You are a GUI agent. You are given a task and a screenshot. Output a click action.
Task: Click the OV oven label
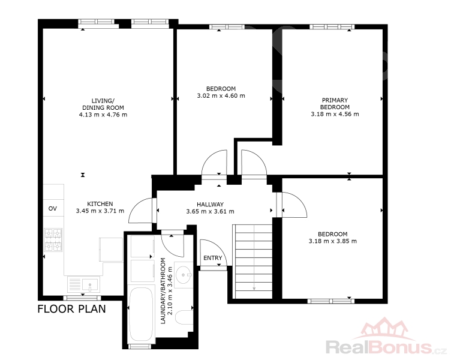pyautogui.click(x=52, y=209)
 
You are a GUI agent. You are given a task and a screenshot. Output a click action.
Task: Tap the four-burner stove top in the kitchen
pyautogui.click(x=53, y=240)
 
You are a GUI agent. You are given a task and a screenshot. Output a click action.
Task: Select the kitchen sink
pyautogui.click(x=84, y=284)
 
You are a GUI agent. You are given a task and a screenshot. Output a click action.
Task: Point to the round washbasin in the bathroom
pyautogui.click(x=184, y=273)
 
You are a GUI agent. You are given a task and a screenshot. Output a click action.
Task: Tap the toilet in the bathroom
pyautogui.click(x=184, y=318)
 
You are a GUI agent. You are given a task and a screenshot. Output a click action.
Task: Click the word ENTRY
pyautogui.click(x=213, y=258)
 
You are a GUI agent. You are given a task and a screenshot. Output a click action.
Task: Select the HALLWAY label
pyautogui.click(x=210, y=205)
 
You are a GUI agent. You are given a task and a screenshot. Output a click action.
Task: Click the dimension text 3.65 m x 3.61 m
pyautogui.click(x=210, y=211)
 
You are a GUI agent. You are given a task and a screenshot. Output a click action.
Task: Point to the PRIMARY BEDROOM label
pyautogui.click(x=335, y=103)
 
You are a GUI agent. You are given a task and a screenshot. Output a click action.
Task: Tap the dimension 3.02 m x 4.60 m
pyautogui.click(x=221, y=95)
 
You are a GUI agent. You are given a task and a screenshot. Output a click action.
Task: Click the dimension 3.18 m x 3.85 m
pyautogui.click(x=333, y=241)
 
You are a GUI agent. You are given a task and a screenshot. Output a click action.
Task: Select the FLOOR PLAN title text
pyautogui.click(x=72, y=309)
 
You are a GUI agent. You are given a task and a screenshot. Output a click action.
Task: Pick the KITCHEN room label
pyautogui.click(x=100, y=204)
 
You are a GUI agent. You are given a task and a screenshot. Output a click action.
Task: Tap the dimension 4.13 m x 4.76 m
pyautogui.click(x=103, y=115)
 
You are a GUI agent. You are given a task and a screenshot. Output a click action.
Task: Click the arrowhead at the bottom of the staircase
pyautogui.click(x=254, y=288)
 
